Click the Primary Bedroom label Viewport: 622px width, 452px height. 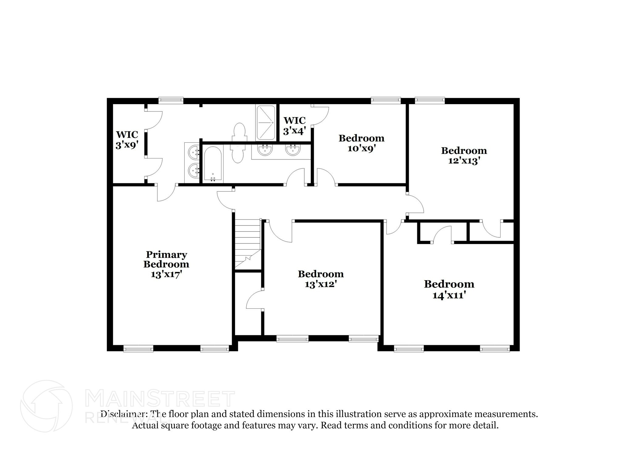point(166,259)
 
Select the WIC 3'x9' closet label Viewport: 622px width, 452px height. point(127,139)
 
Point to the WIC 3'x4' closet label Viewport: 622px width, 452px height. point(294,125)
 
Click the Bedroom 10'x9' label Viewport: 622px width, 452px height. point(361,143)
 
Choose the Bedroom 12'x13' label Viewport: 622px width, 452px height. point(464,155)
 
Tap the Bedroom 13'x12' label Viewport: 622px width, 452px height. point(321,279)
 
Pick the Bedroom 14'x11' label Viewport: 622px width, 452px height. point(449,289)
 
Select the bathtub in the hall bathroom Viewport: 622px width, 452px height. point(213,164)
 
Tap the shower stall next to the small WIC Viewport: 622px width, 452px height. point(265,123)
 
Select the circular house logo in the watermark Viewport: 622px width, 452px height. point(46,406)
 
